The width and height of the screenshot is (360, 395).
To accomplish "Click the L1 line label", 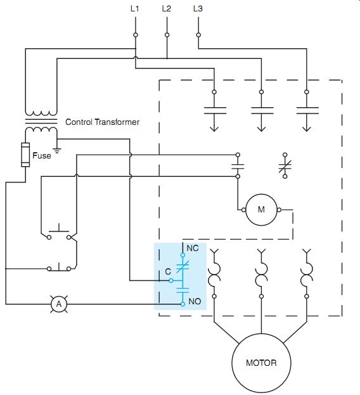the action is tap(135, 9).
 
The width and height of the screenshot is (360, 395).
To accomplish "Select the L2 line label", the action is tap(167, 9).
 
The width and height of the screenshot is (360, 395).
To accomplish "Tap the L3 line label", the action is tap(198, 9).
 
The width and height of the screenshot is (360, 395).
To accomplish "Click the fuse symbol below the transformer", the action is tap(25, 155).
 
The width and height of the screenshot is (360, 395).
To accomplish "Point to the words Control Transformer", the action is tap(102, 122).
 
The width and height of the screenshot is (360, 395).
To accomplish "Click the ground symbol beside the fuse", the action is tap(58, 151).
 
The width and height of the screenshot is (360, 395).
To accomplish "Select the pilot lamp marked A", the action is tap(59, 304).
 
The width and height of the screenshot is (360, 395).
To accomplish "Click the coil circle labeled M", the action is tap(261, 209).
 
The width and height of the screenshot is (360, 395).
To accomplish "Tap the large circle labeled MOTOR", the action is tap(261, 363).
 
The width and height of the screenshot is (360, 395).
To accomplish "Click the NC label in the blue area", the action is tap(193, 249).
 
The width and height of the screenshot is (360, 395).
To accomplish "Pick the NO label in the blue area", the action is tap(195, 301).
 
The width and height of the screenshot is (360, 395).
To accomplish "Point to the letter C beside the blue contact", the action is tap(168, 271).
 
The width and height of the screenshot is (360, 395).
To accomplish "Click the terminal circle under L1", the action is tap(136, 35).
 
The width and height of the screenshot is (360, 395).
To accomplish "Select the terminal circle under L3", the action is tap(198, 35).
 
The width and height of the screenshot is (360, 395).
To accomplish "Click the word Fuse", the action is tap(42, 155).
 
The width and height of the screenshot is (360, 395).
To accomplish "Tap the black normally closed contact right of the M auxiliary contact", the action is tap(285, 165).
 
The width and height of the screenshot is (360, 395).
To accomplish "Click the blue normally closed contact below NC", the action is tap(183, 267).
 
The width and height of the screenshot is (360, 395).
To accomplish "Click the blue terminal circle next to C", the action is tap(171, 280).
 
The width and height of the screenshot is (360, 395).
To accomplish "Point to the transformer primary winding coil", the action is tap(41, 113).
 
